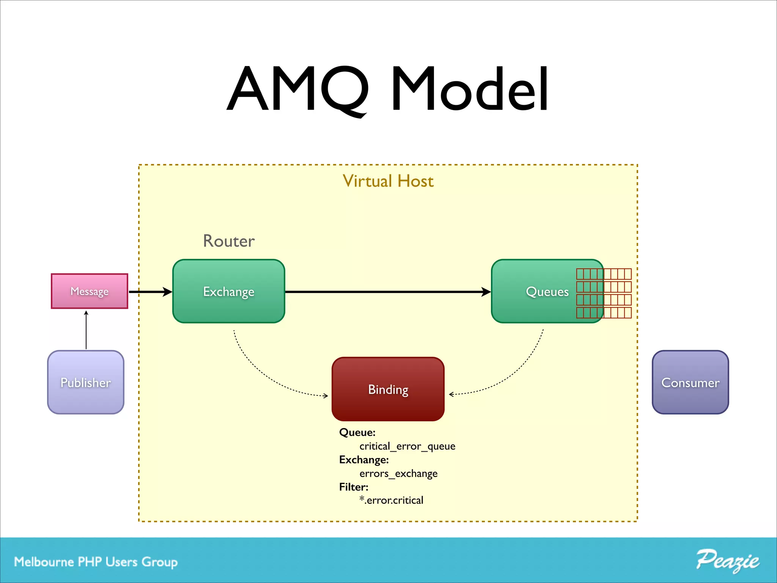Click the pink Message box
point(90,291)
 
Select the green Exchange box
point(228,291)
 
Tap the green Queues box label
point(547,291)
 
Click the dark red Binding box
point(388,389)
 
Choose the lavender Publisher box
point(86,382)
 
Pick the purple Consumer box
point(690,382)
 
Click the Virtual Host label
point(388,181)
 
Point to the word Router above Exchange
point(229,241)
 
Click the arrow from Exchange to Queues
point(387,292)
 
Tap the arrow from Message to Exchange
point(150,292)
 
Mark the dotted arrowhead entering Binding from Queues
point(451,394)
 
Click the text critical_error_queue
point(407,446)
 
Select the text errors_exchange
point(398,473)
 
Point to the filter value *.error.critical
point(391,500)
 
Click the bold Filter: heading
point(354,487)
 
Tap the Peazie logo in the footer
point(727,561)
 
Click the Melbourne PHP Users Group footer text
point(96,562)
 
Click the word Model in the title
point(470,89)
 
